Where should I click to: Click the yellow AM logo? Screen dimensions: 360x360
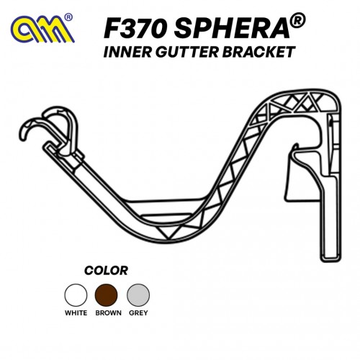tap(42, 30)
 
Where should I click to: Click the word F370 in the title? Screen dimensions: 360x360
tap(135, 29)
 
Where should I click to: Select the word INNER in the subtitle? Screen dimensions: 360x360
tap(127, 52)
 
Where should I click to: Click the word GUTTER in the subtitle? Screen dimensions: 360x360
tap(186, 52)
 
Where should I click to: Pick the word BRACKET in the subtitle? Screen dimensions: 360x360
tap(258, 52)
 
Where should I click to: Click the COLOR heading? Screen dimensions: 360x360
tap(106, 271)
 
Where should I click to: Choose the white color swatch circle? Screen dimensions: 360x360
tap(76, 295)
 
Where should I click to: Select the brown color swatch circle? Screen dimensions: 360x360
tap(107, 295)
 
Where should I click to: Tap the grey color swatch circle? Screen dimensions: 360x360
tap(138, 295)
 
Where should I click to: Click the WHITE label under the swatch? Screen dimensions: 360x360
tap(76, 313)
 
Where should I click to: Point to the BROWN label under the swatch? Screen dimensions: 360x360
tap(108, 313)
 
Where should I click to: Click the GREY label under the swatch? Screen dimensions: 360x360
tap(138, 313)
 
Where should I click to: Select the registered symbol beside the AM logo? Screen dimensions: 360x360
tap(68, 17)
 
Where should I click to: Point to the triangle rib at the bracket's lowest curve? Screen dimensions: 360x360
tap(168, 232)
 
